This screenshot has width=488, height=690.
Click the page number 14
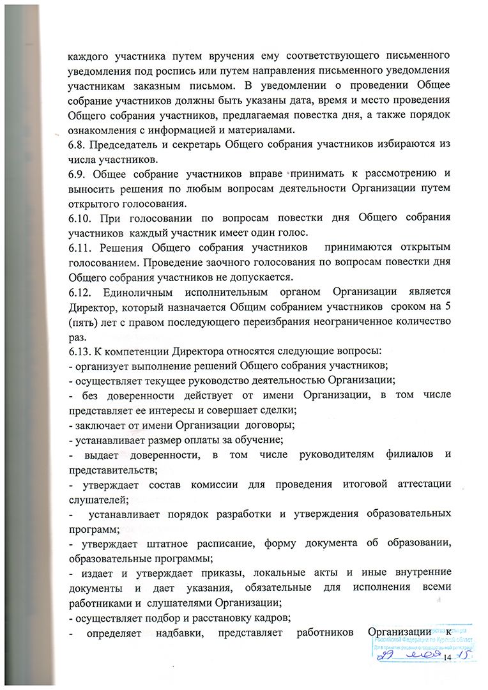pyautogui.click(x=446, y=657)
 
